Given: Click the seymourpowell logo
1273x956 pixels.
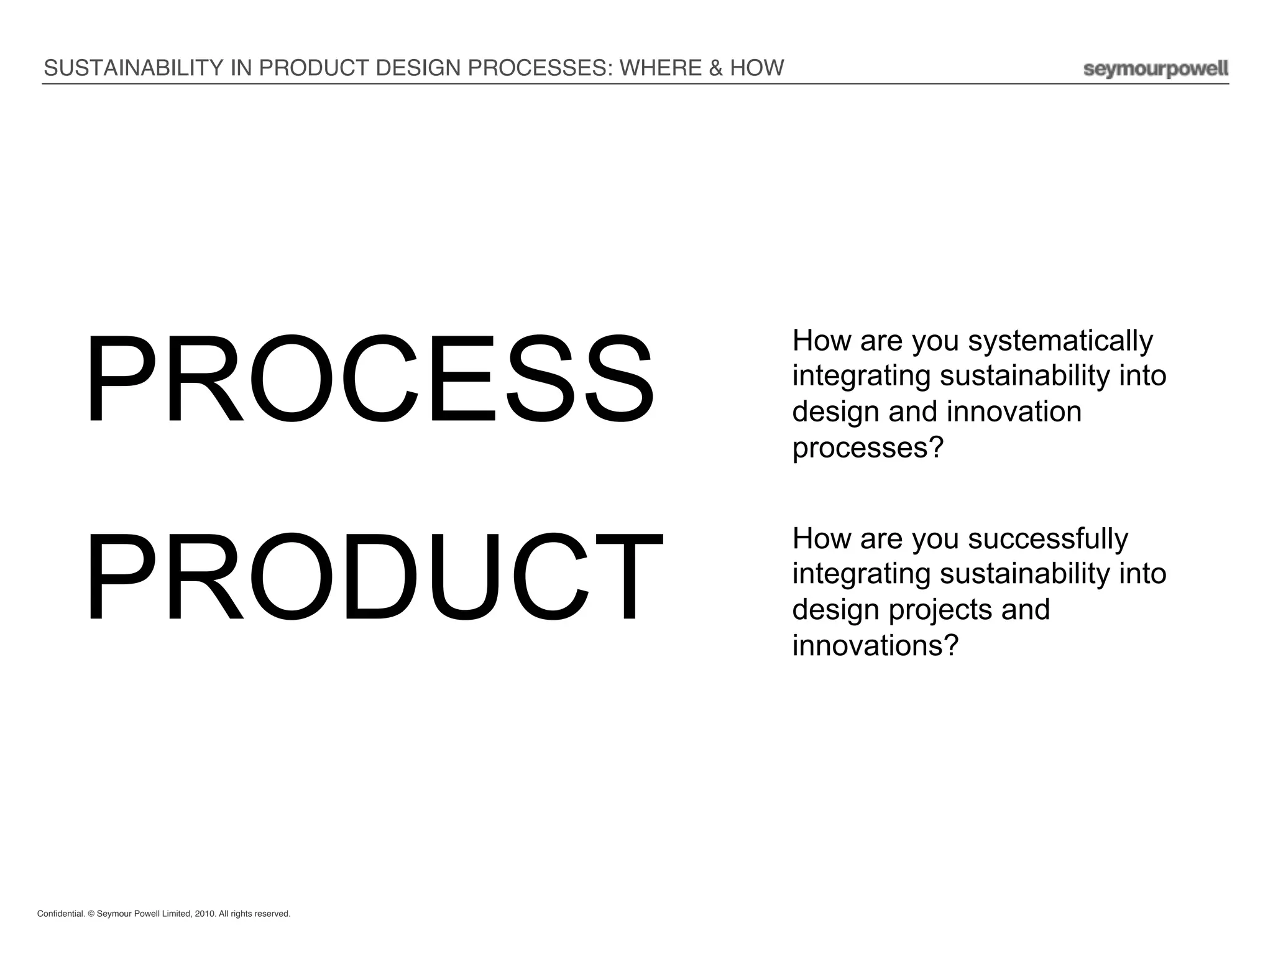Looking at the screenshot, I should (1156, 69).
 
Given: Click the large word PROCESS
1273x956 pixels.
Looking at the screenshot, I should (369, 379).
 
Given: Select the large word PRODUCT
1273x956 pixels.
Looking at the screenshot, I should (374, 577).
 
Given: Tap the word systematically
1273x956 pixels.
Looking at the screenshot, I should (1060, 341).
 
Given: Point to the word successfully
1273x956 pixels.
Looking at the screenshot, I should (1047, 539).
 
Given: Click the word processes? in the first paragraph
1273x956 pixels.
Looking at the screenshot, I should (868, 448).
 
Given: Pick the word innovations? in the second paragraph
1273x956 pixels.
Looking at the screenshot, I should (875, 646).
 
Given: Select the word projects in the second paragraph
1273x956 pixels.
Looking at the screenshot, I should (940, 610).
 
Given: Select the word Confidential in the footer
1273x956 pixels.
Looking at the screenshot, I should (61, 914).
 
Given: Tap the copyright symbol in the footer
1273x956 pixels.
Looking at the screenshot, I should (91, 914).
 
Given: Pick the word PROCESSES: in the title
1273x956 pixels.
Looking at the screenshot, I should (540, 68).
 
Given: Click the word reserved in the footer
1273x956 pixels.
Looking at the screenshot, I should (272, 914).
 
